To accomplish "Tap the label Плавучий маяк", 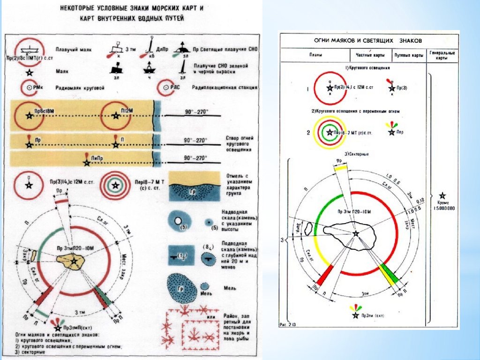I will pyautogui.click(x=73, y=49).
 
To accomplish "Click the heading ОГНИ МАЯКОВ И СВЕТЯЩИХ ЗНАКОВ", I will pyautogui.click(x=368, y=41).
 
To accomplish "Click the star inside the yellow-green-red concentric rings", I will pyautogui.click(x=330, y=133).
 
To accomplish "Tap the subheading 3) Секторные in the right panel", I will pyautogui.click(x=356, y=154).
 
